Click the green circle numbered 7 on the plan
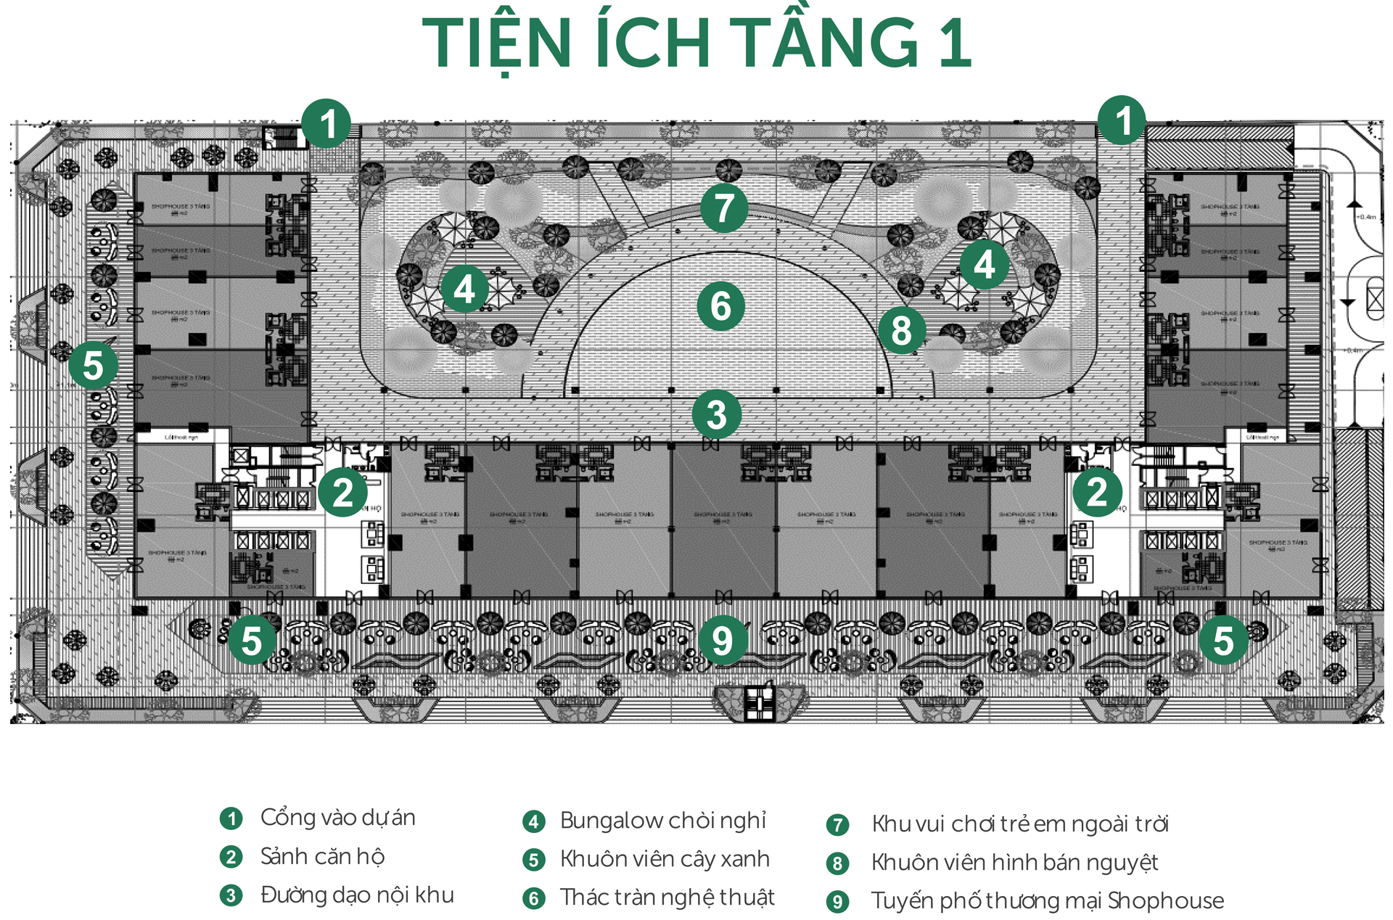coord(724,208)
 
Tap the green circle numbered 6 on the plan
coord(720,306)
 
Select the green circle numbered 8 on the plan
coord(902,331)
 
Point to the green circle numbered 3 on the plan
coord(716,415)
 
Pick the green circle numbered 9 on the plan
coord(723,641)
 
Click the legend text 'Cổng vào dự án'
coord(337,818)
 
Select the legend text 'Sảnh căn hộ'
coord(322,857)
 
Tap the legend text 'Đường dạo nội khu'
coord(357,895)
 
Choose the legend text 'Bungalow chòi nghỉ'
coord(663,821)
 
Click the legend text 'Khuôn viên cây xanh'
coord(665,859)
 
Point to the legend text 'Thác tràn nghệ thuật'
coord(667,898)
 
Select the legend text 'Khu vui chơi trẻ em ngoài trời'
coord(1020,824)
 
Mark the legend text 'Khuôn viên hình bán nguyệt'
coord(1014,863)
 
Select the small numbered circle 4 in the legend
coord(534,821)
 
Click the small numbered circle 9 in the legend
coord(837,902)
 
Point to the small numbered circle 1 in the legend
coord(231,819)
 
